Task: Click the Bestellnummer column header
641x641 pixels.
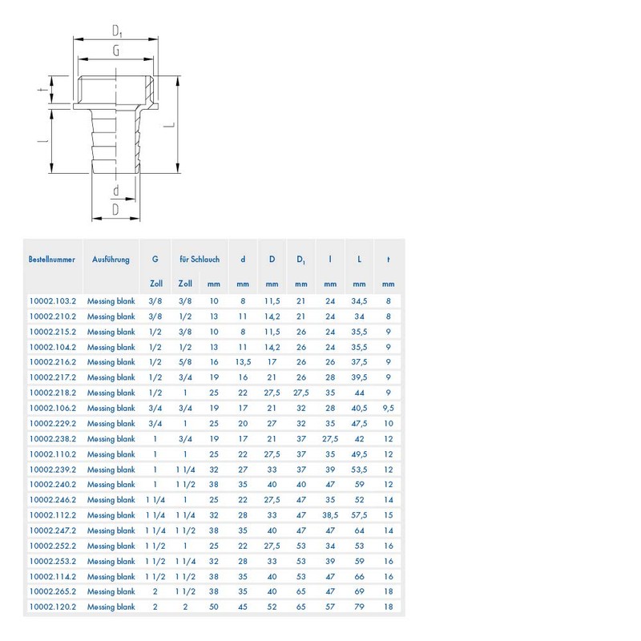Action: click(x=52, y=259)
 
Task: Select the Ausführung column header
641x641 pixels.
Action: click(x=111, y=259)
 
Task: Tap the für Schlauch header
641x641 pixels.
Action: click(x=200, y=259)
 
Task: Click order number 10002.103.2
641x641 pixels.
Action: click(x=53, y=301)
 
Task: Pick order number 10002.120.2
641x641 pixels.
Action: click(x=53, y=607)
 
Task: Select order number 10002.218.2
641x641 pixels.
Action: click(x=53, y=393)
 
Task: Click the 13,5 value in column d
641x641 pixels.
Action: click(x=243, y=362)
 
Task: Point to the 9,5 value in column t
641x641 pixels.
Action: click(x=389, y=409)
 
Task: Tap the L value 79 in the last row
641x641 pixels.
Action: click(x=359, y=607)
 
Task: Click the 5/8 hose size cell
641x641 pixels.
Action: click(x=185, y=362)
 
